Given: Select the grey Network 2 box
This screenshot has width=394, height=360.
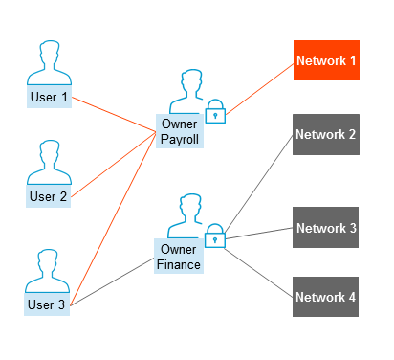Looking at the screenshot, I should [325, 135].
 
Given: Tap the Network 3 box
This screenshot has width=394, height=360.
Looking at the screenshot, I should [325, 228].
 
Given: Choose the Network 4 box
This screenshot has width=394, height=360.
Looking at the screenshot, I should [325, 297].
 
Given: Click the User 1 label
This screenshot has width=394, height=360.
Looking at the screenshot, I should [49, 98].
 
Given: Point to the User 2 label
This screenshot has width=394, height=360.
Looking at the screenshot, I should [49, 197].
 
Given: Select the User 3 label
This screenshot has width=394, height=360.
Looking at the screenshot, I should [49, 305].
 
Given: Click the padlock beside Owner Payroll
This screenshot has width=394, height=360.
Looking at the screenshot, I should [215, 111].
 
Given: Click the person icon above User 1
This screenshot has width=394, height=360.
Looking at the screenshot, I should [49, 64].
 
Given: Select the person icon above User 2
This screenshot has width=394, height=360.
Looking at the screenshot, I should [49, 164].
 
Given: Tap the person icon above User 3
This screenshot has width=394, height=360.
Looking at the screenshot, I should [49, 272].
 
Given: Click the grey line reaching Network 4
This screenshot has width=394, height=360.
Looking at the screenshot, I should [260, 267].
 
